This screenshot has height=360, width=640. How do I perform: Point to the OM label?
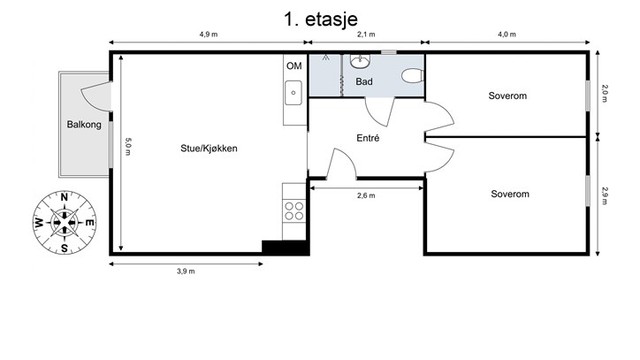click(294, 66)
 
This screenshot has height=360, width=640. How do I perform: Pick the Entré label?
click(367, 138)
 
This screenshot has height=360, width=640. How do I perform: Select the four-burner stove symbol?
click(295, 210)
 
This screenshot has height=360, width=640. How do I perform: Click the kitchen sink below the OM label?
click(294, 94)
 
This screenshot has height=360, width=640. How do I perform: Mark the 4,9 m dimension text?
click(207, 34)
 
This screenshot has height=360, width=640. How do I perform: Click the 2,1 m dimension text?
click(365, 34)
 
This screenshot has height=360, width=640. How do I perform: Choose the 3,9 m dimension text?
click(185, 271)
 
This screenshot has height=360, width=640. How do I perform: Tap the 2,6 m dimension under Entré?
click(366, 196)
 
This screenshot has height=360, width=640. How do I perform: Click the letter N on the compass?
click(64, 198)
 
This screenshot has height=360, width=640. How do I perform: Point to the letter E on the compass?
click(88, 222)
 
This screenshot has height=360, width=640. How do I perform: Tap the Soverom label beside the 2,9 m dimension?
click(509, 193)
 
